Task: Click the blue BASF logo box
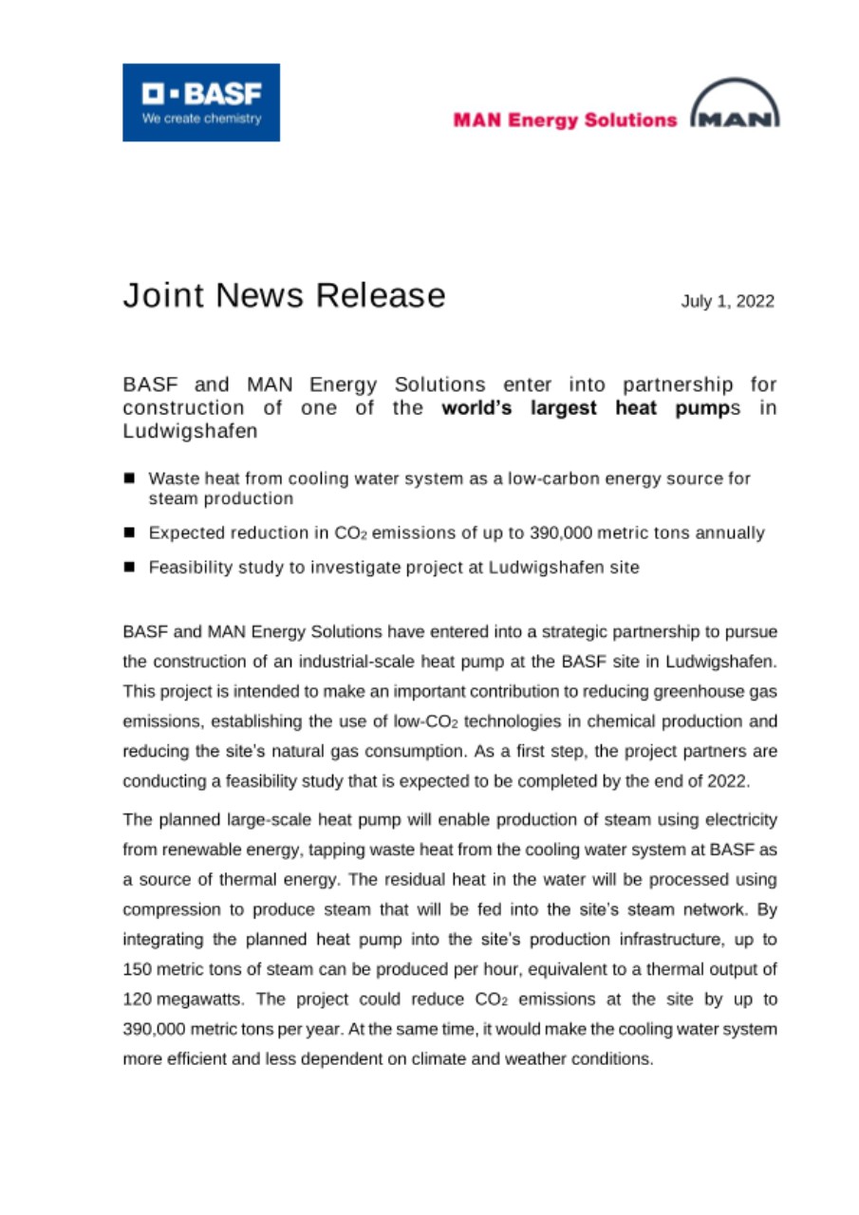point(200,103)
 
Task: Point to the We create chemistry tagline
point(200,121)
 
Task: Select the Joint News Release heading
point(284,295)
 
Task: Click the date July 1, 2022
point(727,302)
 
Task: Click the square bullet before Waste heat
point(130,478)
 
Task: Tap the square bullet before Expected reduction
point(130,533)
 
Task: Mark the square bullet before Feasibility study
point(130,568)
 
